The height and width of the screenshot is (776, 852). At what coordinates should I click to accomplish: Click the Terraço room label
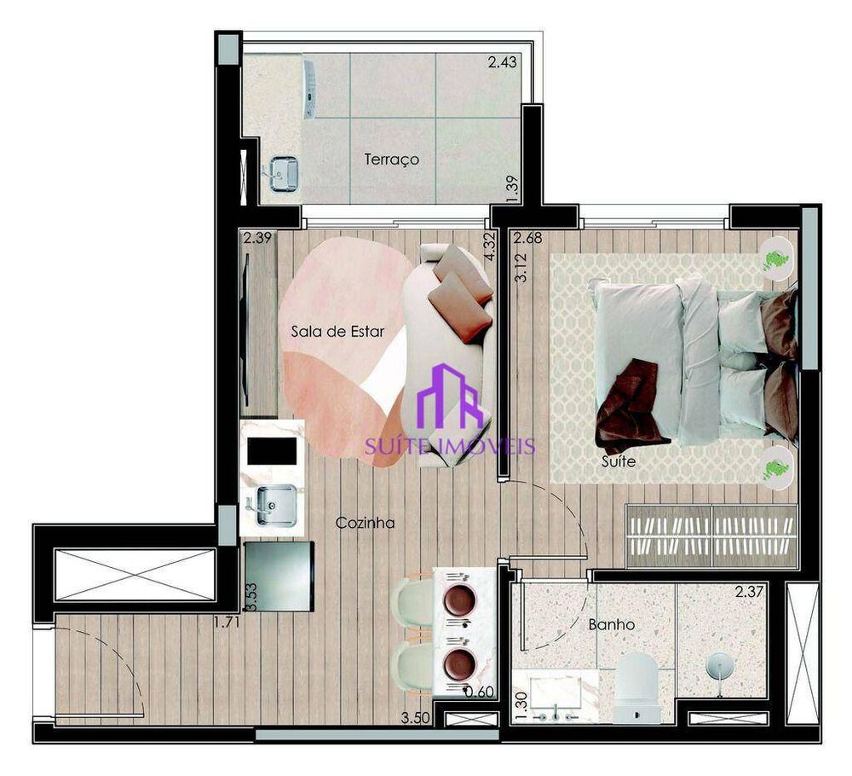[391, 159]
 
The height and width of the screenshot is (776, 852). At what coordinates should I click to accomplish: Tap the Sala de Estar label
[337, 332]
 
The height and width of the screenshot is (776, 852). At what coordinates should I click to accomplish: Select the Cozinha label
[365, 523]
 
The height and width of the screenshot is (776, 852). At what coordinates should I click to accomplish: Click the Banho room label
[611, 624]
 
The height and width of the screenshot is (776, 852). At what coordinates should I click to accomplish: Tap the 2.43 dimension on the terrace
[502, 62]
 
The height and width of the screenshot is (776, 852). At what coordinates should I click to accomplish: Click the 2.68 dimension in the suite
[528, 238]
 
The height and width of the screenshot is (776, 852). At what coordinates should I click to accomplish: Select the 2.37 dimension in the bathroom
[749, 592]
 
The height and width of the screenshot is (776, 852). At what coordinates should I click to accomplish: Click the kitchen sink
[273, 505]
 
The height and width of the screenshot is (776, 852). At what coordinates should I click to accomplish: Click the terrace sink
[284, 174]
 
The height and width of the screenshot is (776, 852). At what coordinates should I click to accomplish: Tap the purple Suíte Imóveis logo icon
[458, 397]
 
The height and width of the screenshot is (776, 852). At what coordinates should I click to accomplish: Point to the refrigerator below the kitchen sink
[278, 576]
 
